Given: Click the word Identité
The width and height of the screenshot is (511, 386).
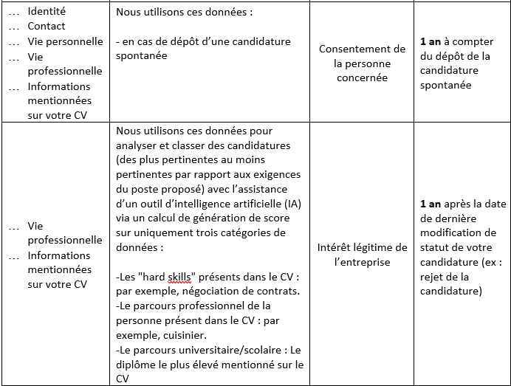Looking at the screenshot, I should [x=47, y=11].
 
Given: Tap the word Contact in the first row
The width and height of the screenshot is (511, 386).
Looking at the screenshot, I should [x=47, y=26].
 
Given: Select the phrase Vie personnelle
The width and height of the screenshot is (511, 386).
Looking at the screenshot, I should [x=65, y=41].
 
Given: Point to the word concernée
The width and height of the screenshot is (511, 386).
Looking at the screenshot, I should [x=362, y=78].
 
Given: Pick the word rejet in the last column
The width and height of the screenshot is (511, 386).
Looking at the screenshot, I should [x=433, y=277].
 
